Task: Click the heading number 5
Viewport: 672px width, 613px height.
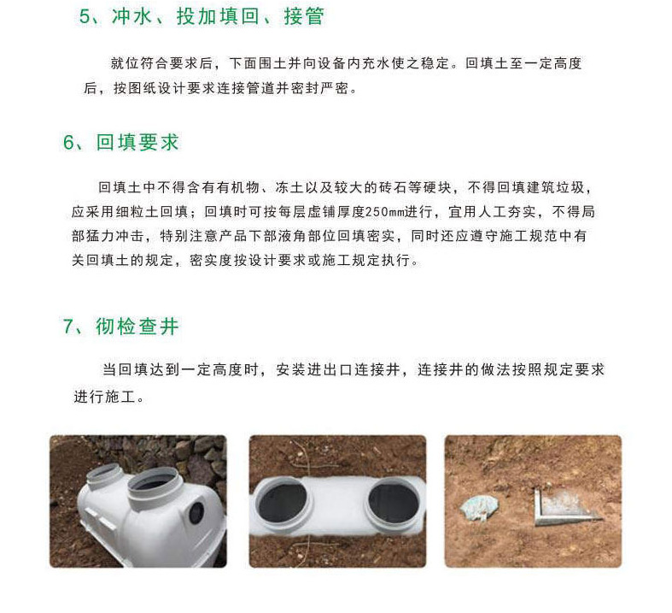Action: (85, 17)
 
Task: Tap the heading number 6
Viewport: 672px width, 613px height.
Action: (68, 143)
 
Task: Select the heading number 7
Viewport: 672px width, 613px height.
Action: (68, 327)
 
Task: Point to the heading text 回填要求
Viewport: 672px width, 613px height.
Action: (137, 143)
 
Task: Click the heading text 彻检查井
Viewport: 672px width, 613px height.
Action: (137, 327)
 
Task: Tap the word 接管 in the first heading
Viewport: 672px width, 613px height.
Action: (304, 17)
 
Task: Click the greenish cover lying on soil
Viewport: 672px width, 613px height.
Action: (480, 508)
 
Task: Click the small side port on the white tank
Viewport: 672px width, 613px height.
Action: (196, 512)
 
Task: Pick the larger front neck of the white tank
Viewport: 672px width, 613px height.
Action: (154, 485)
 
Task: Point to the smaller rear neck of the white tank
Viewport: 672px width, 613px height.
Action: (104, 477)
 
